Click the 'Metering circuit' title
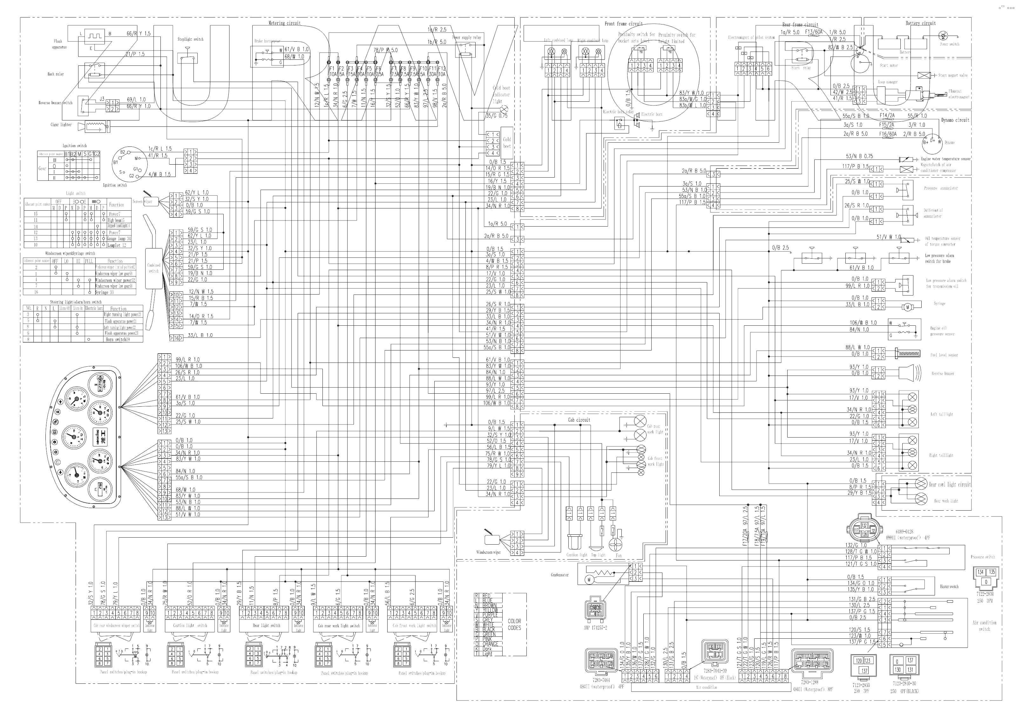click(285, 23)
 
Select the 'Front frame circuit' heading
click(624, 24)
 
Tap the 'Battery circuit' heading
click(920, 23)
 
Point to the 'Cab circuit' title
click(579, 419)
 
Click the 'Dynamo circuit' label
click(955, 120)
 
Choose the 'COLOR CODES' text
click(514, 624)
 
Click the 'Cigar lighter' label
click(61, 124)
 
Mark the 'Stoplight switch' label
click(190, 39)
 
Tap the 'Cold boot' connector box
click(507, 143)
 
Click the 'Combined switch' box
click(153, 268)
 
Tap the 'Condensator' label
click(559, 575)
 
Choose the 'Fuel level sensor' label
click(944, 355)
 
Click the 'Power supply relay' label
click(466, 37)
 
